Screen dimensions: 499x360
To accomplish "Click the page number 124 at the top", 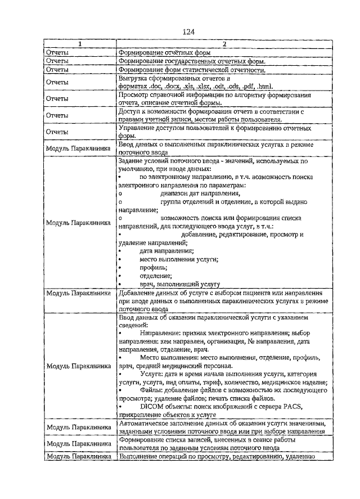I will tap(188, 32).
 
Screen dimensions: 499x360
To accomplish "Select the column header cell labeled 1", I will tap(80, 44).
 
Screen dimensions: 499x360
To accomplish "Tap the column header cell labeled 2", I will tap(223, 44).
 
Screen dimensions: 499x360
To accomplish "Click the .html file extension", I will tap(264, 87).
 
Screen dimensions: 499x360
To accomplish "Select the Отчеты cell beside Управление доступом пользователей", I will tap(57, 132).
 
